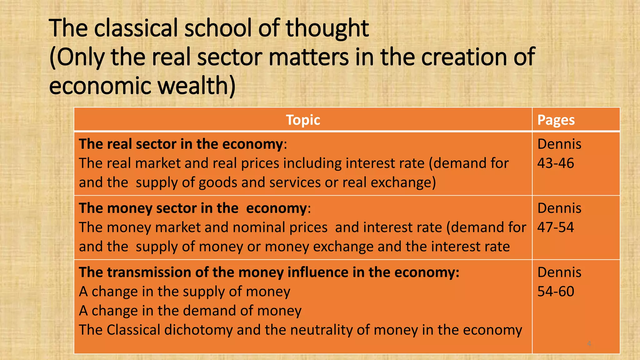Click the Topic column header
click(303, 120)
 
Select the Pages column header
click(556, 120)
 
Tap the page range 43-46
click(555, 163)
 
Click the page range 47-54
click(555, 227)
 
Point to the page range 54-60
click(555, 291)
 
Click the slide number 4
click(589, 344)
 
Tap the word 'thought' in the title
click(327, 28)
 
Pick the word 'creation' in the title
click(464, 57)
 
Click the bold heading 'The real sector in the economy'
click(181, 144)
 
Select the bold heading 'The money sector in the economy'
click(193, 208)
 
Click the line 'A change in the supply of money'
click(184, 292)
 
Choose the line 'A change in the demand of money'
click(190, 311)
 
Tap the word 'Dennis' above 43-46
click(559, 144)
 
